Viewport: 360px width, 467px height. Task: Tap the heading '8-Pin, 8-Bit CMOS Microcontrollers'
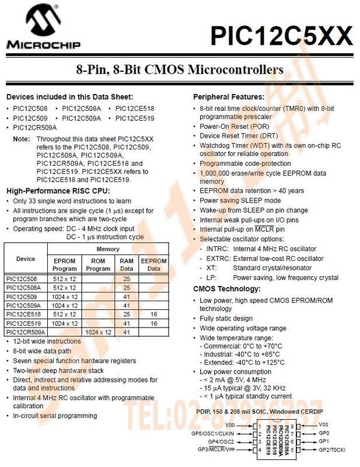[180, 70]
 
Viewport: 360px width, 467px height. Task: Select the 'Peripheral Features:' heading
[228, 97]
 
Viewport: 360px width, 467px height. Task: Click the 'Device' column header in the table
[26, 258]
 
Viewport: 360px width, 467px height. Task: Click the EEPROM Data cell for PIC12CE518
[153, 314]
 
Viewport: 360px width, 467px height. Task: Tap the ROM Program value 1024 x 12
[98, 332]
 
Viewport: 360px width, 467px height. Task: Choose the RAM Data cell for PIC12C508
[127, 279]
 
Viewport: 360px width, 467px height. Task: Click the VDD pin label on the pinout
[230, 425]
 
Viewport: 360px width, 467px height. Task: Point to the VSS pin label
[324, 425]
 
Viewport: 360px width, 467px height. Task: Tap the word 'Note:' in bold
[22, 139]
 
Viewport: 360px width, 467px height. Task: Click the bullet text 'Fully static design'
[226, 319]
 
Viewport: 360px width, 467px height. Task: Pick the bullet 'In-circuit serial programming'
[55, 416]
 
